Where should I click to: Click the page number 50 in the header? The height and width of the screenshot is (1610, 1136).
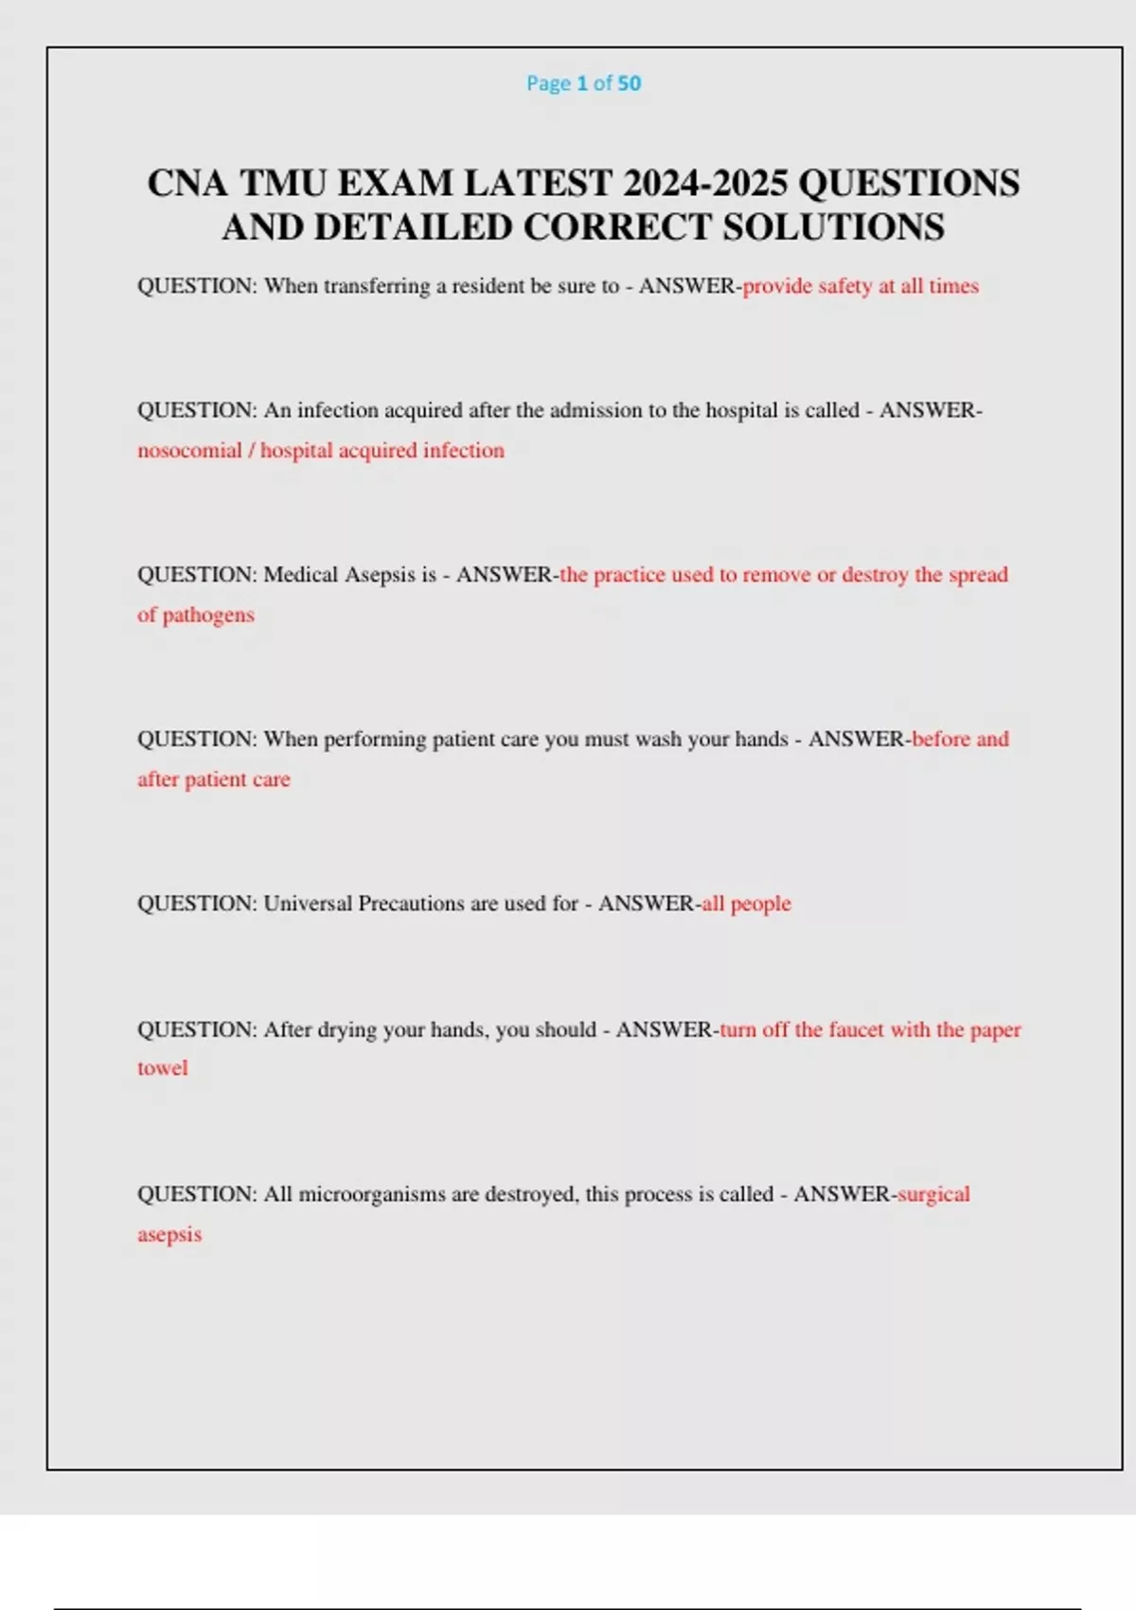tap(630, 83)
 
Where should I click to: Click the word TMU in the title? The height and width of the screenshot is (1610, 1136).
tap(281, 183)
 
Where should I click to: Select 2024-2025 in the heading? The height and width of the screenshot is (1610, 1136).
tap(704, 183)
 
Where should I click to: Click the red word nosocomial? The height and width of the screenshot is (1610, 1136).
tap(189, 451)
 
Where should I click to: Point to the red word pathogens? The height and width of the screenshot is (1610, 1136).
tap(208, 616)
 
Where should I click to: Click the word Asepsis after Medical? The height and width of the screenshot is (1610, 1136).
tap(380, 575)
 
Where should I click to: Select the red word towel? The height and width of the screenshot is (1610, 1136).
tap(163, 1068)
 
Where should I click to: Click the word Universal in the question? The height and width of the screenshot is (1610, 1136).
tap(307, 903)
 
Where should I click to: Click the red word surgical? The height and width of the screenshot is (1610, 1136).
tap(933, 1194)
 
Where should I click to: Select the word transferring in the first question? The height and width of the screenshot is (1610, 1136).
tap(377, 286)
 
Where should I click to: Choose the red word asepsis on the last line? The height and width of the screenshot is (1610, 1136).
tap(169, 1235)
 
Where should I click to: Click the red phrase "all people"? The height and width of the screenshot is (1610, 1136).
tap(746, 903)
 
